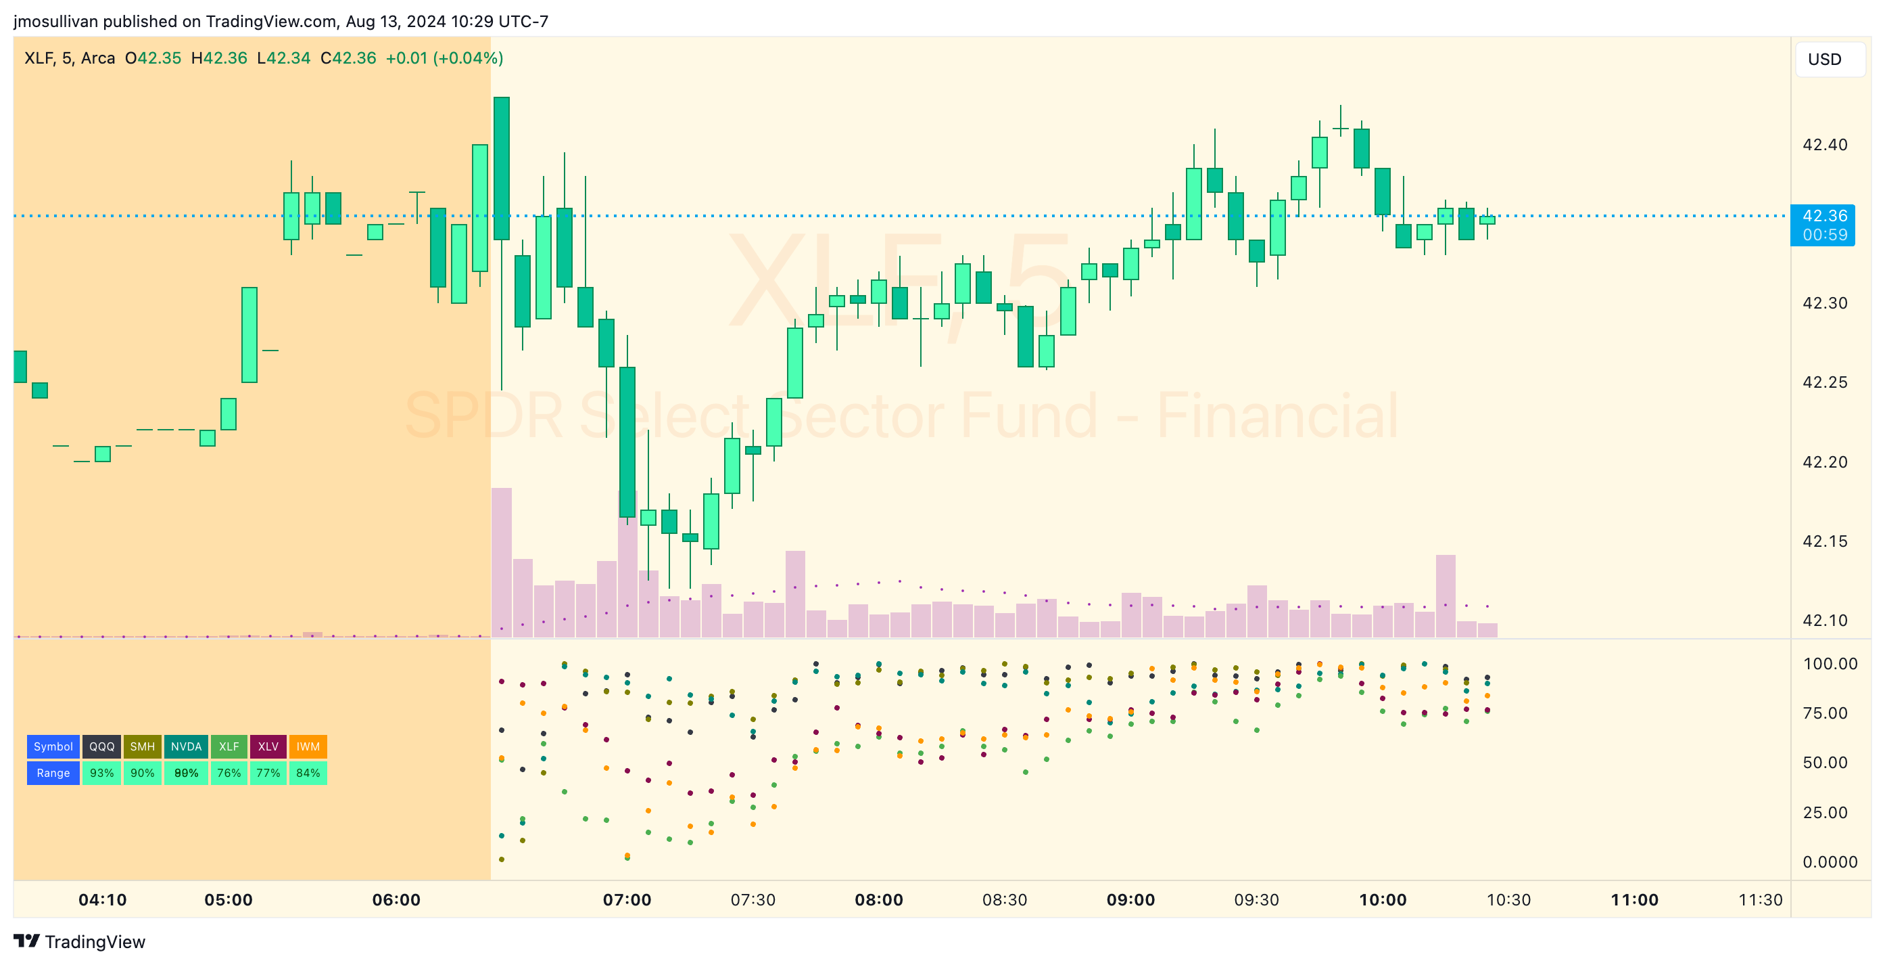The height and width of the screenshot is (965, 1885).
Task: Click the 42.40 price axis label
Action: pyautogui.click(x=1824, y=145)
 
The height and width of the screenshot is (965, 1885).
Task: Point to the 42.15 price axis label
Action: pyautogui.click(x=1824, y=541)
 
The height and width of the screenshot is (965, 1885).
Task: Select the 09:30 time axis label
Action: pyautogui.click(x=1256, y=900)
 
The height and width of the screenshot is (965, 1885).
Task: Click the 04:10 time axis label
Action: pyautogui.click(x=103, y=900)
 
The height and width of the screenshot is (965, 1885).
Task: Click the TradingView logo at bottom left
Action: pyautogui.click(x=79, y=941)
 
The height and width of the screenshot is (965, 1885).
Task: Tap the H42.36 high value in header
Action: pyautogui.click(x=219, y=58)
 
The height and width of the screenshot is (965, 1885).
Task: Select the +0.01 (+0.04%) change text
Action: pyautogui.click(x=444, y=58)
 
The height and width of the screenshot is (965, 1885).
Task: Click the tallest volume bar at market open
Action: pyautogui.click(x=501, y=562)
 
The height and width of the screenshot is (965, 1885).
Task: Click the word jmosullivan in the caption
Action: pyautogui.click(x=55, y=21)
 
